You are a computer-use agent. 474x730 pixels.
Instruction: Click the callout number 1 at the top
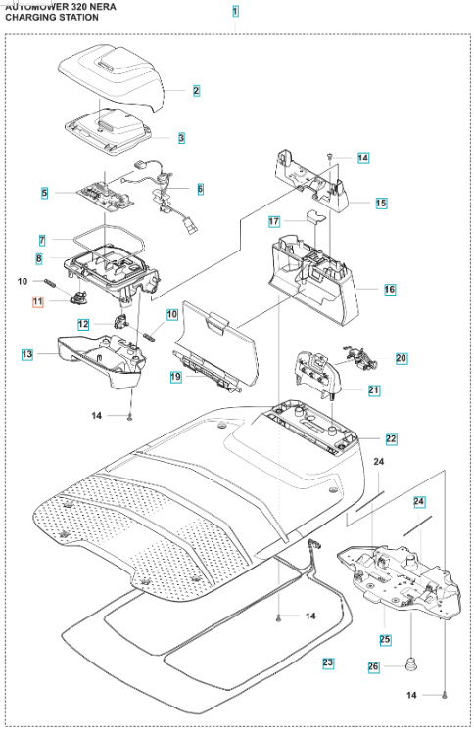pyautogui.click(x=235, y=11)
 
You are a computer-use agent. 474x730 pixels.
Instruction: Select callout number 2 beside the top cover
pyautogui.click(x=196, y=91)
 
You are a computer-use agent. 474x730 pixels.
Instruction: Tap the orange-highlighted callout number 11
pyautogui.click(x=38, y=303)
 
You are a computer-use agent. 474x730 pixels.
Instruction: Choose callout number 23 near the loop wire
pyautogui.click(x=328, y=662)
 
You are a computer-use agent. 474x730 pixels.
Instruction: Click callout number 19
pyautogui.click(x=175, y=376)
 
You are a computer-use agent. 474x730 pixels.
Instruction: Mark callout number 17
pyautogui.click(x=275, y=221)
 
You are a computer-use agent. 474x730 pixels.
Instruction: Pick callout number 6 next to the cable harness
pyautogui.click(x=200, y=188)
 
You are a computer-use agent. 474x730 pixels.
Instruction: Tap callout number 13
pyautogui.click(x=27, y=353)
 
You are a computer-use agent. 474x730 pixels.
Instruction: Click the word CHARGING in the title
pyautogui.click(x=33, y=18)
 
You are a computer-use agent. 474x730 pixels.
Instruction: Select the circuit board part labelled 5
pyautogui.click(x=108, y=193)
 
